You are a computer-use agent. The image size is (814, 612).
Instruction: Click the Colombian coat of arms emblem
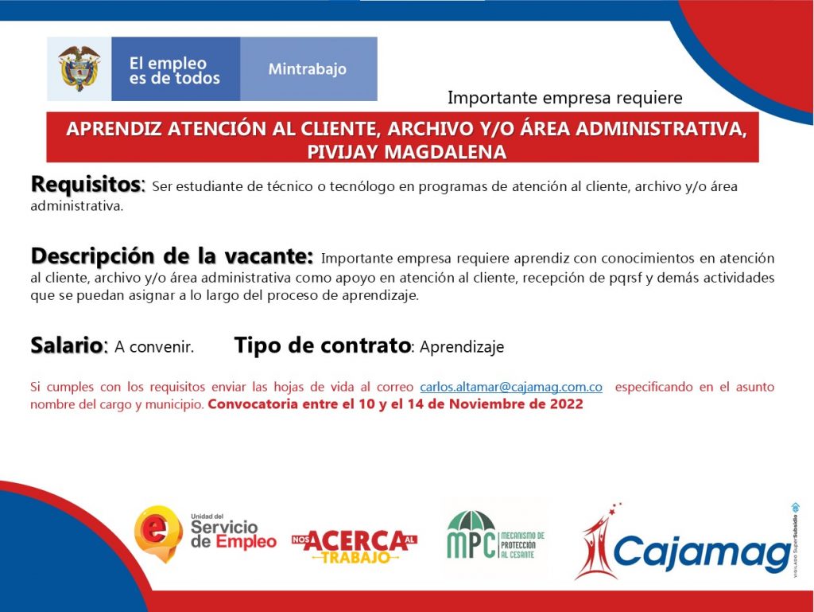click(79, 68)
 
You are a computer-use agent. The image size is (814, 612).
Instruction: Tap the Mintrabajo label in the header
click(308, 69)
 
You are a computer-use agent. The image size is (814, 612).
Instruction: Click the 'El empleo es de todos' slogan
click(174, 71)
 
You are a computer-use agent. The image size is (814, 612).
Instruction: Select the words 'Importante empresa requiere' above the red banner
click(565, 98)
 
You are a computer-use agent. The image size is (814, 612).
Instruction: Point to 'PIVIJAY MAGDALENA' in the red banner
click(406, 152)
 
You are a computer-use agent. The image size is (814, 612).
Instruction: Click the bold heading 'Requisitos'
click(86, 184)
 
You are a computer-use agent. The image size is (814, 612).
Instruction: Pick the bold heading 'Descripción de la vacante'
click(172, 256)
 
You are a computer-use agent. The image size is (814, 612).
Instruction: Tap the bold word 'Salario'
click(67, 345)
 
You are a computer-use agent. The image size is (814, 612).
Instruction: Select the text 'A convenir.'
click(154, 346)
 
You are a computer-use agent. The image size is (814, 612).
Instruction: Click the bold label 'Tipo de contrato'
click(323, 345)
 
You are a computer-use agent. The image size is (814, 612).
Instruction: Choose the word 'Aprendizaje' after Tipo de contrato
click(462, 347)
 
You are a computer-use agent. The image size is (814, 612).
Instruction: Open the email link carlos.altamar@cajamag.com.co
click(511, 387)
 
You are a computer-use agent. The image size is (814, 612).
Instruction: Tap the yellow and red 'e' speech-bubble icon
click(158, 533)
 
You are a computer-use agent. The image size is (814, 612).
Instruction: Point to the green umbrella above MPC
click(471, 520)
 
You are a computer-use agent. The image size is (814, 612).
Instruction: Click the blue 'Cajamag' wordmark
click(702, 552)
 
